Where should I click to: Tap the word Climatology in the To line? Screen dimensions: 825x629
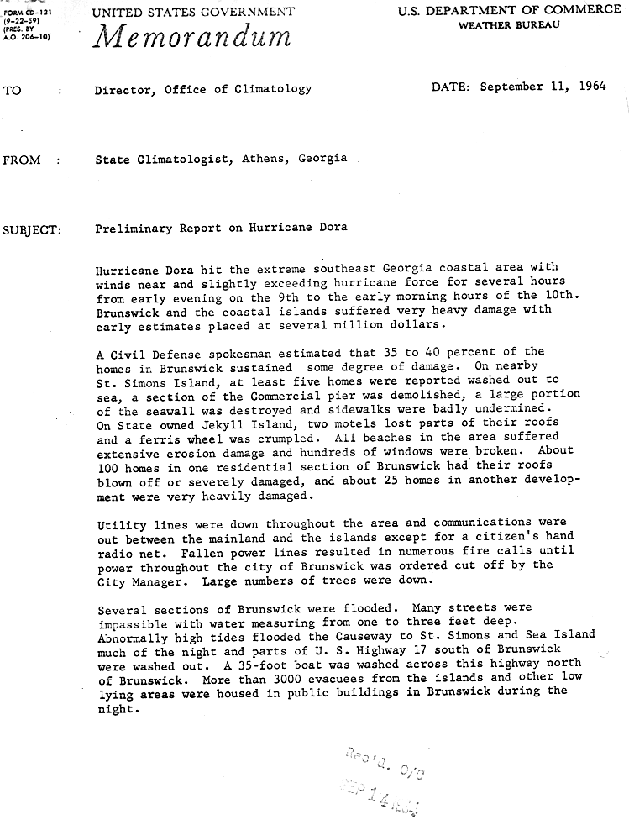[x=274, y=88]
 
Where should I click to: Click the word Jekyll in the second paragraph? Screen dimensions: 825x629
[x=225, y=424]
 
